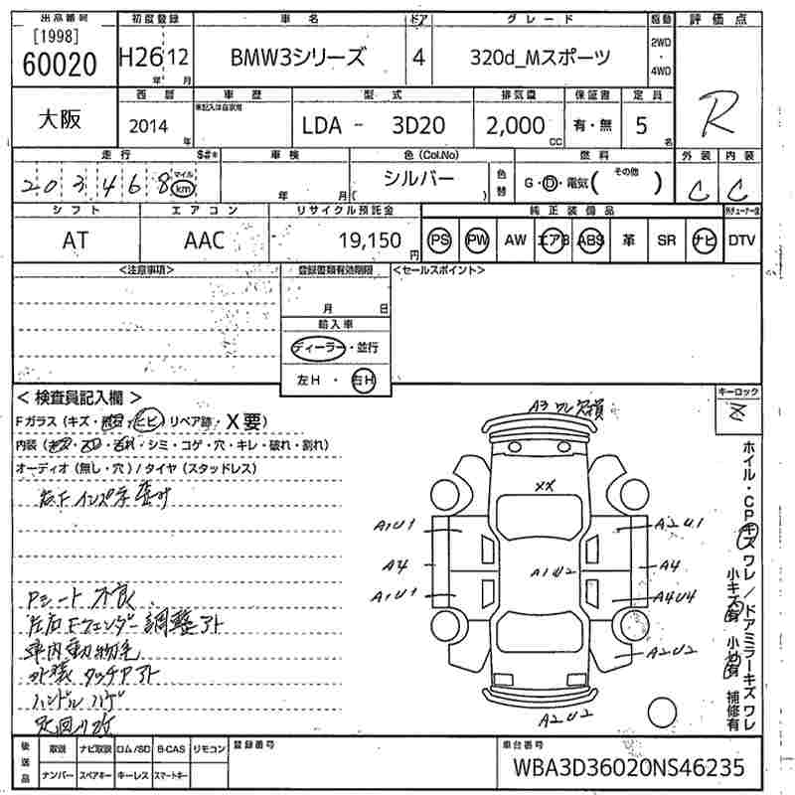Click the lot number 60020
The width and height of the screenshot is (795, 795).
point(59,63)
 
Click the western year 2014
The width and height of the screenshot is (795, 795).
point(149,125)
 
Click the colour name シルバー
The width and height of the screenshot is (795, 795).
point(419,179)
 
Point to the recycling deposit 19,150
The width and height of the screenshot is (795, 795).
point(369,239)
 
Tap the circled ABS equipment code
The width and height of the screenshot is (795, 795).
point(590,239)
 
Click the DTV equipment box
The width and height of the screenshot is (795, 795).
point(742,239)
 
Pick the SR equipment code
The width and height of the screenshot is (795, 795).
point(666,239)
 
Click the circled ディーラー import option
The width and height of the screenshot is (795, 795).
point(314,348)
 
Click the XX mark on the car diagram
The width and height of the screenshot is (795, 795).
point(543,486)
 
